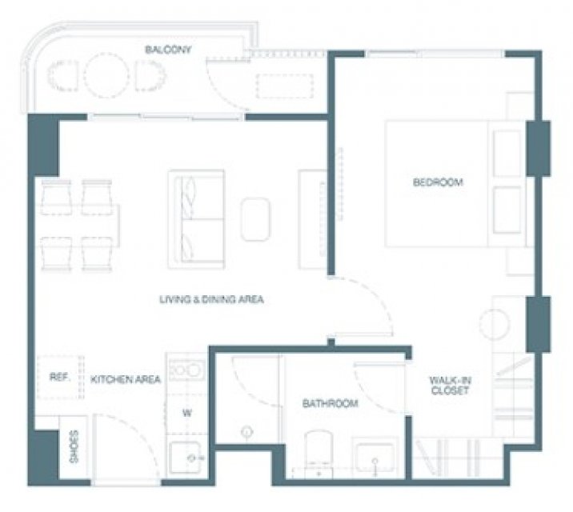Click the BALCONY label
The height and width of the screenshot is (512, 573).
click(168, 50)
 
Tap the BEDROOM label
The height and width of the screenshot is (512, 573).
click(438, 182)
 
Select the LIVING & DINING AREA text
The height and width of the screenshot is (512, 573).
click(211, 299)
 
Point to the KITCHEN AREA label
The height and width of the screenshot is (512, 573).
click(126, 379)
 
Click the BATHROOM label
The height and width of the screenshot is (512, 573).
click(330, 403)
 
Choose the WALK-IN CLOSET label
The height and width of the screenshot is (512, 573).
click(451, 386)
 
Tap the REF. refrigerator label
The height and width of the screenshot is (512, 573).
click(59, 377)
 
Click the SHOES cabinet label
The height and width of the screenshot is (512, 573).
click(74, 446)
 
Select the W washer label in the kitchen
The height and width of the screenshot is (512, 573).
click(187, 414)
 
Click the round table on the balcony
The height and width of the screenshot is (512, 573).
click(106, 75)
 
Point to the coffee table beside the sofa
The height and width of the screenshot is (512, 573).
click(255, 219)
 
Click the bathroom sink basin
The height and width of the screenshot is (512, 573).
click(375, 458)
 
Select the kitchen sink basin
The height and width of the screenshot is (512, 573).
click(186, 458)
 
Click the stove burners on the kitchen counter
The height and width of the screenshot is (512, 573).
click(186, 370)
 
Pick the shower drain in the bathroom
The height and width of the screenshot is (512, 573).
click(247, 432)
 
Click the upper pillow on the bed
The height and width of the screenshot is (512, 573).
click(507, 154)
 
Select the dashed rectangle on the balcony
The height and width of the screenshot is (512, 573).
click(284, 86)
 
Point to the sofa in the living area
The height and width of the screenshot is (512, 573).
click(196, 219)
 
